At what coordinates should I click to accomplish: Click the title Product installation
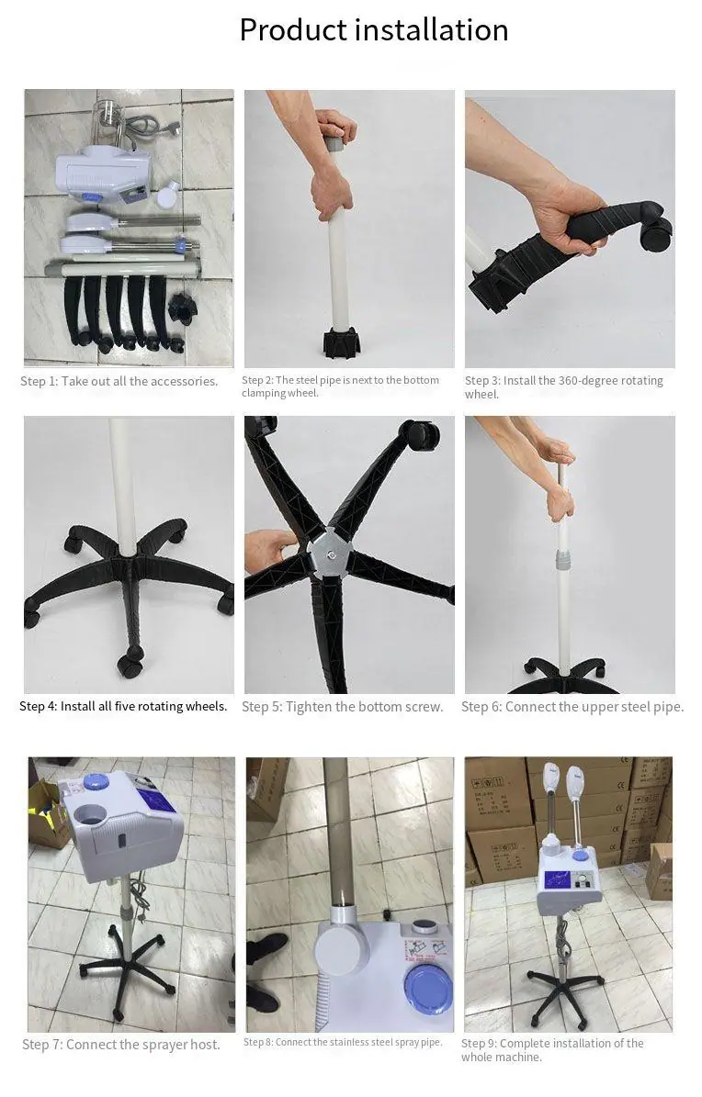click(373, 30)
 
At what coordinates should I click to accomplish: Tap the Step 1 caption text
click(119, 381)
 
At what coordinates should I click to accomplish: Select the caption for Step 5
click(343, 707)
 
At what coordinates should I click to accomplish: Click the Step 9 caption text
click(552, 1049)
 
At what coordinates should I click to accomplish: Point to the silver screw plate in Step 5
click(330, 555)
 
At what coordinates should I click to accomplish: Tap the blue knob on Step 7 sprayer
click(95, 781)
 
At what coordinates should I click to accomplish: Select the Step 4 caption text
click(123, 706)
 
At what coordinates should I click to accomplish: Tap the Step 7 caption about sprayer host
click(120, 1045)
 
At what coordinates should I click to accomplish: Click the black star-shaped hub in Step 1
click(184, 308)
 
